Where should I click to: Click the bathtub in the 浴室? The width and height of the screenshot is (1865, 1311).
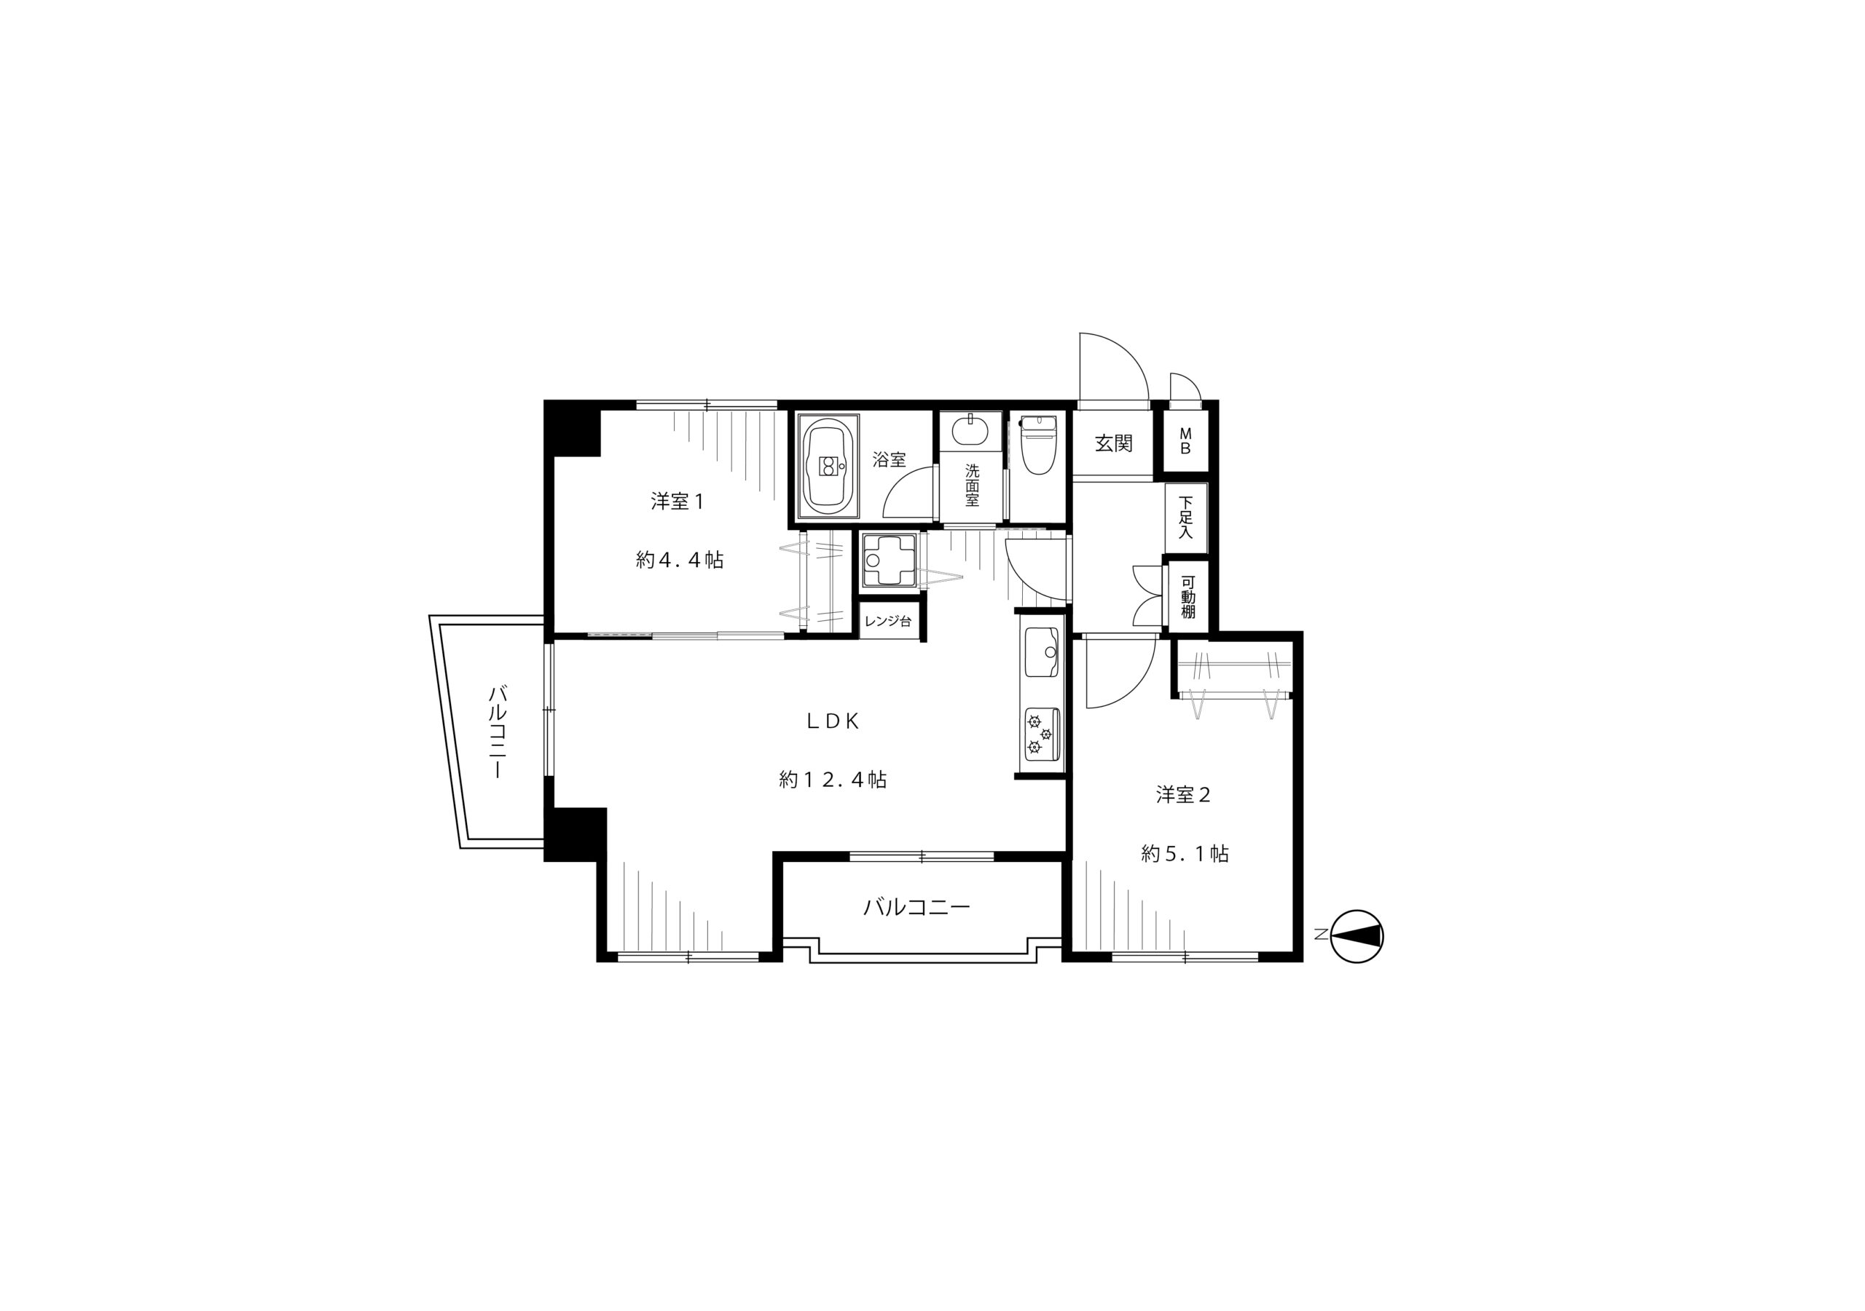tap(828, 466)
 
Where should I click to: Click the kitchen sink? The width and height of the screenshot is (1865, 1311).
tap(1043, 651)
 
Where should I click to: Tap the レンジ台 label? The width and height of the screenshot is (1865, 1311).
tap(888, 622)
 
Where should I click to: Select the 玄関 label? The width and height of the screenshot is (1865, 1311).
tap(1113, 443)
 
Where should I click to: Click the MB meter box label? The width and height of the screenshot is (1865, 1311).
tap(1185, 442)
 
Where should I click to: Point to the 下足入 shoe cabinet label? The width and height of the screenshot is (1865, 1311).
tap(1186, 518)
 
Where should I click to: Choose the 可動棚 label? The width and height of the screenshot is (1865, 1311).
tap(1187, 597)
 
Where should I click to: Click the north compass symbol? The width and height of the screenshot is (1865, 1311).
tap(1357, 936)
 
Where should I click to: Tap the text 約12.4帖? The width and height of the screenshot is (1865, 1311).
tap(833, 780)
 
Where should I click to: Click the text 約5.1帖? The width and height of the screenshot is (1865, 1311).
tap(1185, 854)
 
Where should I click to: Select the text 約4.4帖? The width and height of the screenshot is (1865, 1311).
tap(679, 560)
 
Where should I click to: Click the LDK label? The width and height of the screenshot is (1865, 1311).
tap(833, 721)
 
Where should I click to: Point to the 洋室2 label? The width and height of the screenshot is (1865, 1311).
tap(1184, 795)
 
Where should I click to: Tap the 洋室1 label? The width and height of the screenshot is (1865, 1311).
tap(677, 502)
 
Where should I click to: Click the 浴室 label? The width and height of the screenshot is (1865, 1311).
tap(890, 459)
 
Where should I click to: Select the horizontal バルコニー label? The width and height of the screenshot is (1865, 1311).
tap(916, 907)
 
